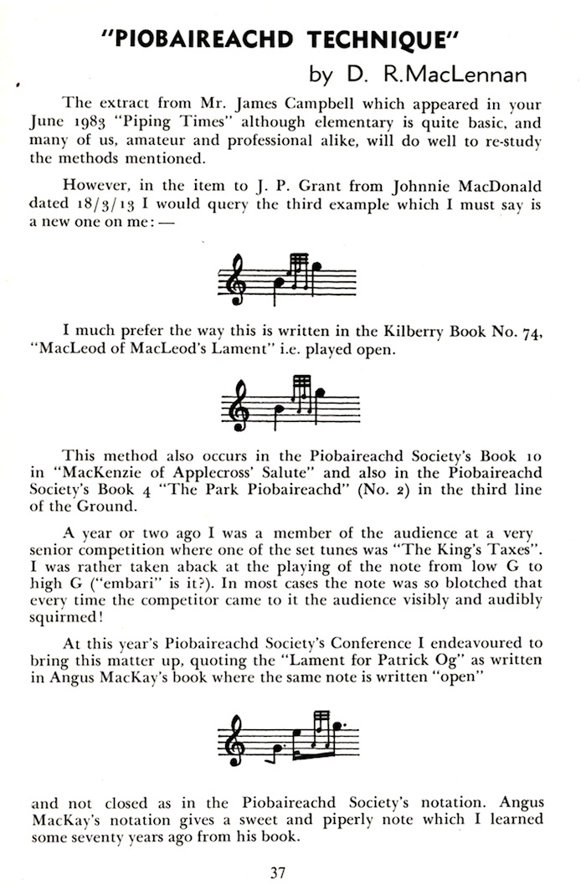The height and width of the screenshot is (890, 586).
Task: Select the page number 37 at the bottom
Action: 279,872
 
